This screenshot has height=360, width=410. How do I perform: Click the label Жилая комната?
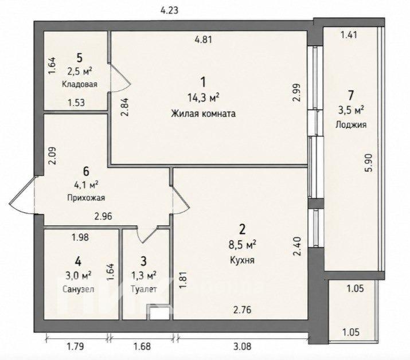tap(203, 114)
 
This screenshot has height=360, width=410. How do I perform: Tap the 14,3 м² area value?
tap(203, 98)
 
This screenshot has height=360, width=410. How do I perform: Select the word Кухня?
tap(242, 260)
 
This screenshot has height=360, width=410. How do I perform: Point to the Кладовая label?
tap(80, 84)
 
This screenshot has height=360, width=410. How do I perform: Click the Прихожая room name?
tap(86, 198)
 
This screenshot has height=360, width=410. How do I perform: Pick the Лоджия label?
tap(351, 125)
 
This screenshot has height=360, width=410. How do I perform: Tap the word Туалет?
tap(143, 289)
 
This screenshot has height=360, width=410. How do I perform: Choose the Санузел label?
tap(79, 289)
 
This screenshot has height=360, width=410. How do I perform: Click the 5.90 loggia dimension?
tap(370, 163)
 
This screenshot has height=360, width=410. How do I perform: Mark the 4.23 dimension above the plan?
tap(169, 10)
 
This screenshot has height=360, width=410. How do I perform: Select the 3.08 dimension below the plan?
tap(241, 347)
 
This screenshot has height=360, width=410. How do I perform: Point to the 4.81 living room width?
tap(203, 40)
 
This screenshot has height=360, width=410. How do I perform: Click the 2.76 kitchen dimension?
tap(242, 310)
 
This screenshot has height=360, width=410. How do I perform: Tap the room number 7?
tap(350, 95)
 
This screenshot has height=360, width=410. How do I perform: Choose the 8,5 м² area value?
tap(242, 245)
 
